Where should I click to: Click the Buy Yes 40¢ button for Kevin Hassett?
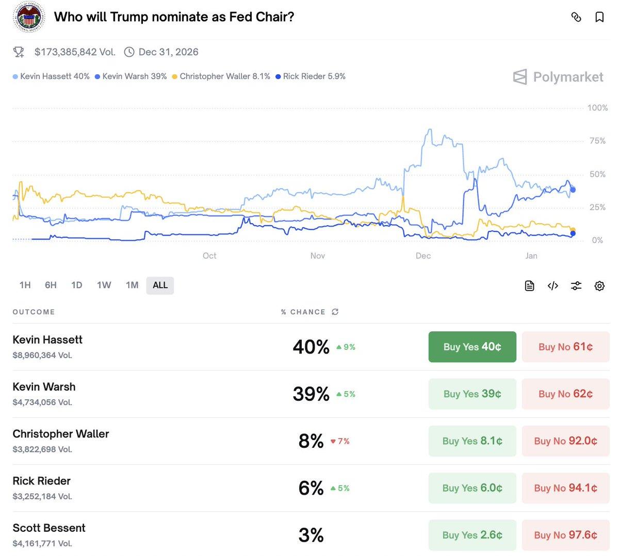click(472, 347)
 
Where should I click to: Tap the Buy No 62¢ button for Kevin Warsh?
click(565, 394)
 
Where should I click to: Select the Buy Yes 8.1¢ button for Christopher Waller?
click(472, 441)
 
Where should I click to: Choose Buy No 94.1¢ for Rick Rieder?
click(565, 488)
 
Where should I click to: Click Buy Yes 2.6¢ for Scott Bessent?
click(472, 535)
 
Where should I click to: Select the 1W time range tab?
click(104, 285)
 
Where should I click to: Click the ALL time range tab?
click(160, 285)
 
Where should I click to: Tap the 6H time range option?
click(51, 285)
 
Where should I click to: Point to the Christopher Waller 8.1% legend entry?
click(221, 76)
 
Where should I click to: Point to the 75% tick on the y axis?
click(597, 141)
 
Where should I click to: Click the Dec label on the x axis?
click(423, 256)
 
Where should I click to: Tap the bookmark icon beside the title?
click(599, 17)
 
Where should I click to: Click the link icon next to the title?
click(576, 17)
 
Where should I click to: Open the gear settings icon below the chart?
click(599, 286)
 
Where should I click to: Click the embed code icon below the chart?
click(552, 286)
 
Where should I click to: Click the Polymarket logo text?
click(567, 77)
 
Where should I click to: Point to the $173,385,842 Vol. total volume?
click(75, 52)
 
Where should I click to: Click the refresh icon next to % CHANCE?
click(335, 312)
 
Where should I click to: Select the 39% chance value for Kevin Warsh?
click(311, 394)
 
